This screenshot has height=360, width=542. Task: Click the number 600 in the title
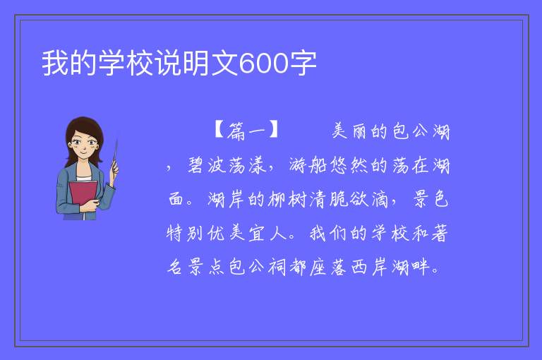click(x=263, y=64)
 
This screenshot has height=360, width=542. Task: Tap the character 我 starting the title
click(x=55, y=63)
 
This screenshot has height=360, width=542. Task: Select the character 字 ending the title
click(x=303, y=63)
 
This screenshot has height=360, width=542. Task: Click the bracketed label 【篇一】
click(x=246, y=131)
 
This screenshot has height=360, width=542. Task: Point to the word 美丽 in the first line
click(x=349, y=131)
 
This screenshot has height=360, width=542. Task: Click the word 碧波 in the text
click(x=207, y=165)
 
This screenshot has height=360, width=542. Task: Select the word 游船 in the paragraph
click(x=308, y=165)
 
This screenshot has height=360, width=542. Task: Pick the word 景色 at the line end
click(x=430, y=199)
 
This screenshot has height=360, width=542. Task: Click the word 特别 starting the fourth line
click(x=185, y=233)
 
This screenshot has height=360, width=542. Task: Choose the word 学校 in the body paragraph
click(x=390, y=233)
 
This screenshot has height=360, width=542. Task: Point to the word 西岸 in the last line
click(x=370, y=267)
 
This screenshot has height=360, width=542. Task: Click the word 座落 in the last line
click(x=328, y=267)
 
